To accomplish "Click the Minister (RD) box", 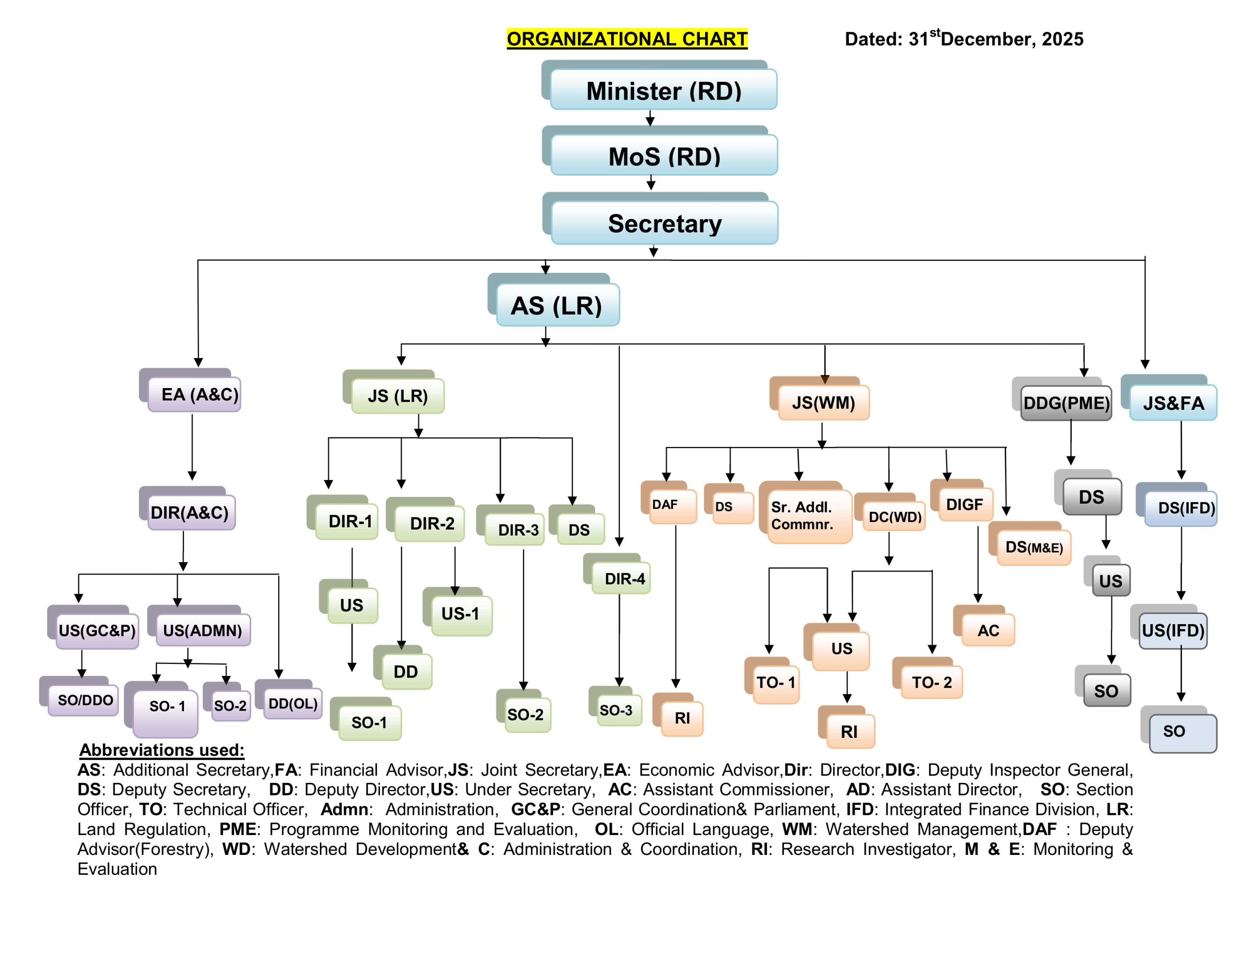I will pyautogui.click(x=663, y=90).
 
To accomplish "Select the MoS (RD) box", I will pyautogui.click(x=664, y=156).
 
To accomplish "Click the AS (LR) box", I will pyautogui.click(x=557, y=306).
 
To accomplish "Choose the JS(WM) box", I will pyautogui.click(x=823, y=402).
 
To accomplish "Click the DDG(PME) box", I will pyautogui.click(x=1065, y=403).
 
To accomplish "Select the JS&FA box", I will pyautogui.click(x=1173, y=403).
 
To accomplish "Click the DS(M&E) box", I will pyautogui.click(x=1034, y=547).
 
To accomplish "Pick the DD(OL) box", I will pyautogui.click(x=293, y=703).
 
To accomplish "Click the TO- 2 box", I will pyautogui.click(x=931, y=682).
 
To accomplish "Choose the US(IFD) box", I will pyautogui.click(x=1172, y=630).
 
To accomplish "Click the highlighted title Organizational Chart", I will pyautogui.click(x=626, y=39).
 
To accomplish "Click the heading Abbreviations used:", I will pyautogui.click(x=162, y=749).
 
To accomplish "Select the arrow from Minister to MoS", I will pyautogui.click(x=650, y=118).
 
